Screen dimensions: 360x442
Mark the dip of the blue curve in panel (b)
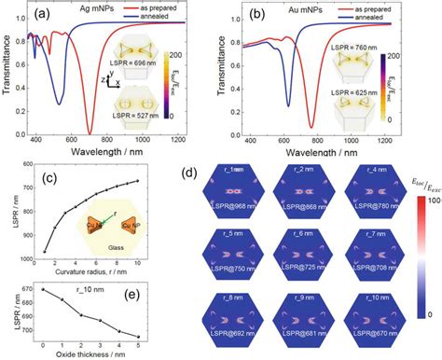[x=286, y=109]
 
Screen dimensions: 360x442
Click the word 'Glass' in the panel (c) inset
[x=115, y=247]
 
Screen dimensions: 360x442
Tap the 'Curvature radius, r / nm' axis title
[x=89, y=271]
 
